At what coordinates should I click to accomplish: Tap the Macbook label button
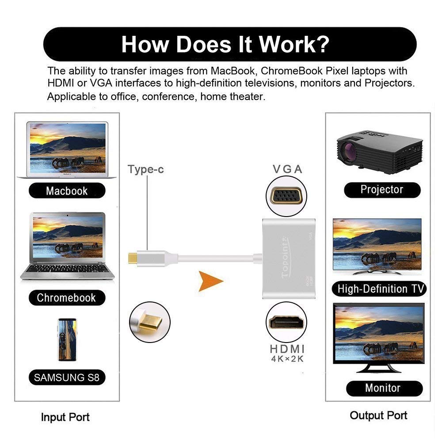pyautogui.click(x=67, y=191)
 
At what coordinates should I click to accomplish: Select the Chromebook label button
pyautogui.click(x=66, y=298)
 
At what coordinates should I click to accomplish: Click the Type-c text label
pyautogui.click(x=145, y=169)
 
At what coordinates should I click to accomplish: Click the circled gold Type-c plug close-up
pyautogui.click(x=150, y=322)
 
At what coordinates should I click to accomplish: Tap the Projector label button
pyautogui.click(x=381, y=190)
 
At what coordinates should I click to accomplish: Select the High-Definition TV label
pyautogui.click(x=378, y=289)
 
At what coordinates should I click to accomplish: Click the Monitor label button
pyautogui.click(x=382, y=388)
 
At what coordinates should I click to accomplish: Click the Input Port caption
pyautogui.click(x=65, y=417)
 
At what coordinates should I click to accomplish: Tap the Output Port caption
pyautogui.click(x=378, y=415)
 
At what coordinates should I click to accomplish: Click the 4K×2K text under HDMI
pyautogui.click(x=287, y=358)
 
